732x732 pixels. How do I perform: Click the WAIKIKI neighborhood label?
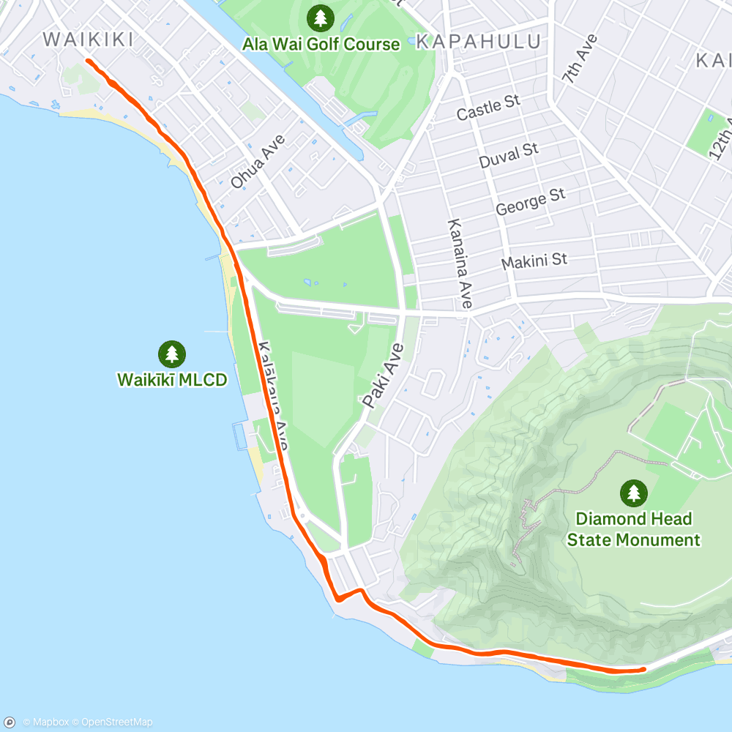point(89,39)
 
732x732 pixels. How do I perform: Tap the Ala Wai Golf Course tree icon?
point(320,16)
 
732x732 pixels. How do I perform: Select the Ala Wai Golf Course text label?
point(321,44)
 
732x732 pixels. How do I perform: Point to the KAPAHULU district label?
point(479,41)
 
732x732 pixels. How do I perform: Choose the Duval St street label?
point(508,155)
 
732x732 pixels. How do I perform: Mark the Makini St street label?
point(534,261)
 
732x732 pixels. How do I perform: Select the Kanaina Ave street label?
point(460,263)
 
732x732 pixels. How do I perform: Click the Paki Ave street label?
point(381,376)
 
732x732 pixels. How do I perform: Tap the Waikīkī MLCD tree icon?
point(172,354)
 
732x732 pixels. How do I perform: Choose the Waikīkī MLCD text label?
point(172,379)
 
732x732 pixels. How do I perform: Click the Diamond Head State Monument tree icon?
point(633,493)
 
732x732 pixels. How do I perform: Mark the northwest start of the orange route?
point(88,61)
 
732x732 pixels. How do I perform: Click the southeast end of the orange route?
point(643,668)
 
